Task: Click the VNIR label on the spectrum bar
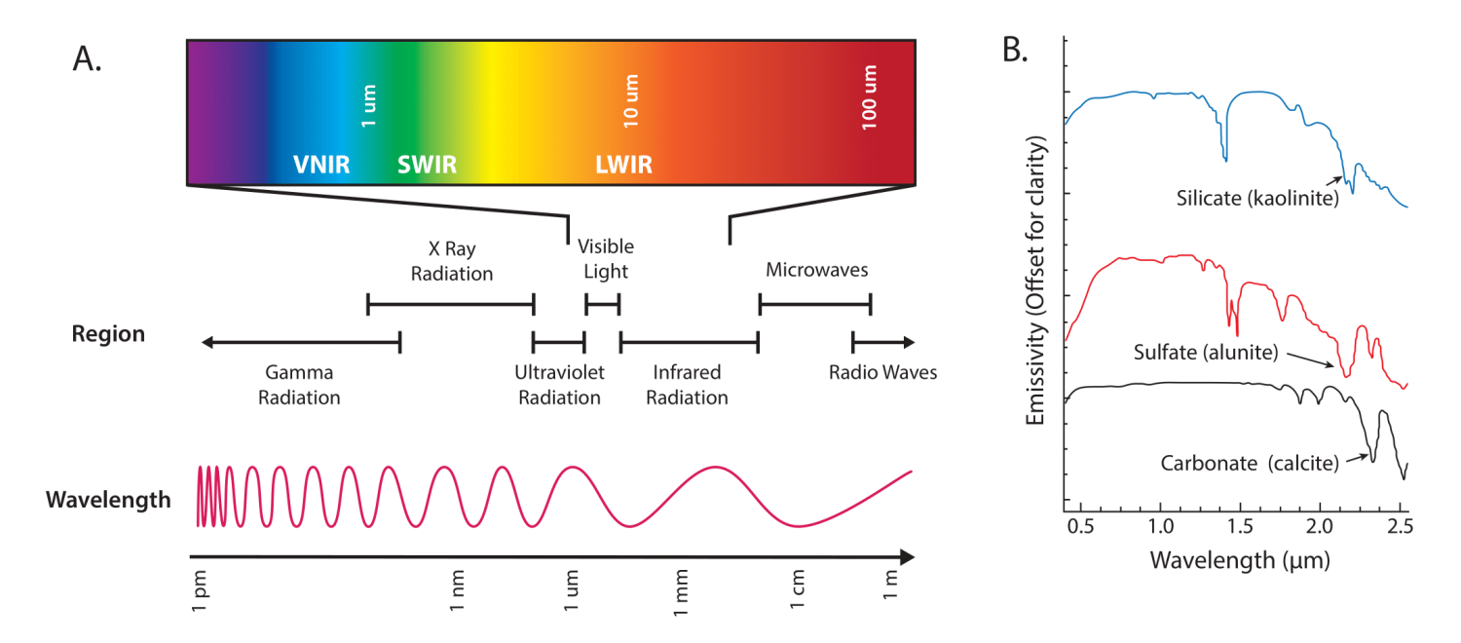[321, 165]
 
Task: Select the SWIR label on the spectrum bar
[427, 165]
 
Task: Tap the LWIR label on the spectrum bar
[623, 165]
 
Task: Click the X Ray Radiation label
[451, 261]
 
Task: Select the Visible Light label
[605, 259]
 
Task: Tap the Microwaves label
[816, 269]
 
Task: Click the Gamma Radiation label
[299, 385]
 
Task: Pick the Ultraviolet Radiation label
[559, 385]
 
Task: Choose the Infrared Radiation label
[688, 385]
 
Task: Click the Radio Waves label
[882, 372]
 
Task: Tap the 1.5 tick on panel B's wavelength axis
[1240, 528]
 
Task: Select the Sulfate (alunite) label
[1206, 351]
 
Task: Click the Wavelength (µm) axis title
[1239, 561]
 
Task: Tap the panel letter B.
[1016, 51]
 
